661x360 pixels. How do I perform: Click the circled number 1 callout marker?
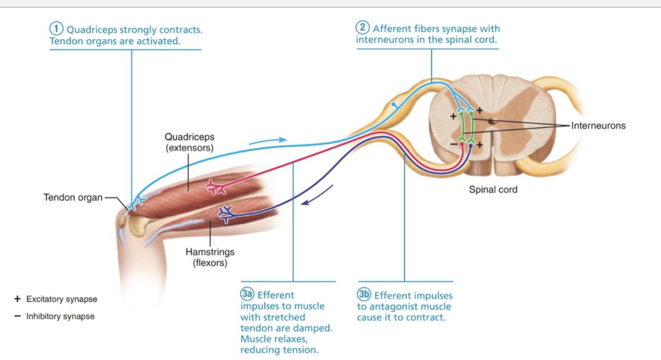(58, 29)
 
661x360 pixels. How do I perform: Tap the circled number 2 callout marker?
(364, 28)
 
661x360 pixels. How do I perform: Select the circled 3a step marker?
(247, 294)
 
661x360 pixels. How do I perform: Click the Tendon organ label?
(73, 198)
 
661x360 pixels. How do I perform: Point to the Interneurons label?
(598, 126)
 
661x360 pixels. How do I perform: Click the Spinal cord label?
(493, 189)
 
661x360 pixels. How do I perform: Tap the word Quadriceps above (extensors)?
(189, 137)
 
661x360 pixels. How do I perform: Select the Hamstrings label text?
(210, 252)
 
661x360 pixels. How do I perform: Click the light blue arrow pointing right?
(268, 141)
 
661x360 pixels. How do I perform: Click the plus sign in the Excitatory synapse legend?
(18, 299)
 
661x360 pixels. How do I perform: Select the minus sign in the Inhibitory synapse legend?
(18, 316)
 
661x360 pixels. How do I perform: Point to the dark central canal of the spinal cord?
(492, 120)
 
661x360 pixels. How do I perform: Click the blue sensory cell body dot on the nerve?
(394, 104)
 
